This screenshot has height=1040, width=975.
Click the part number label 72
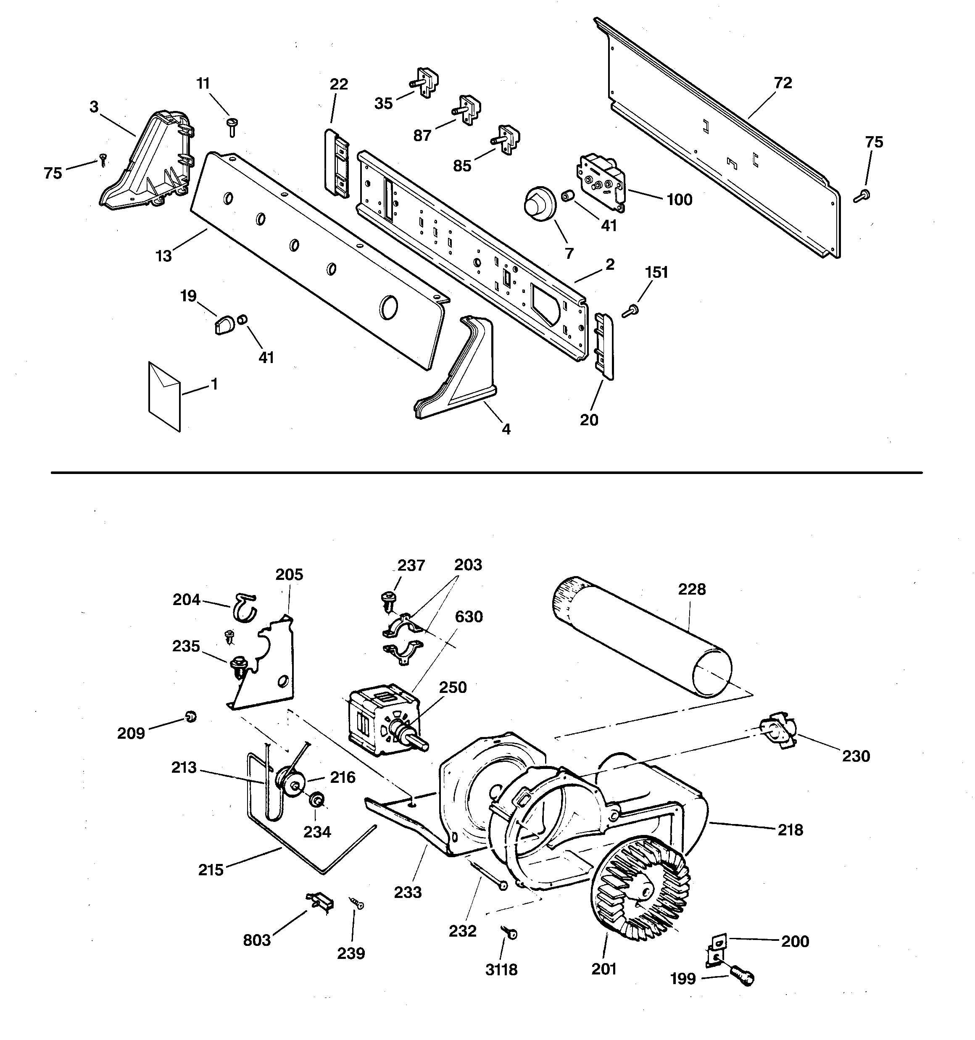pyautogui.click(x=783, y=83)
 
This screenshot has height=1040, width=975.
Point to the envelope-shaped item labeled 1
pyautogui.click(x=164, y=397)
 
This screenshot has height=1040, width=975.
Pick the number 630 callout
pyautogui.click(x=469, y=617)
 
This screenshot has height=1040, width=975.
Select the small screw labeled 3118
pyautogui.click(x=510, y=933)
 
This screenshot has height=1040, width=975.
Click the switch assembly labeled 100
pyautogui.click(x=601, y=182)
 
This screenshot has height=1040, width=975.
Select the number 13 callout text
pyautogui.click(x=164, y=256)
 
